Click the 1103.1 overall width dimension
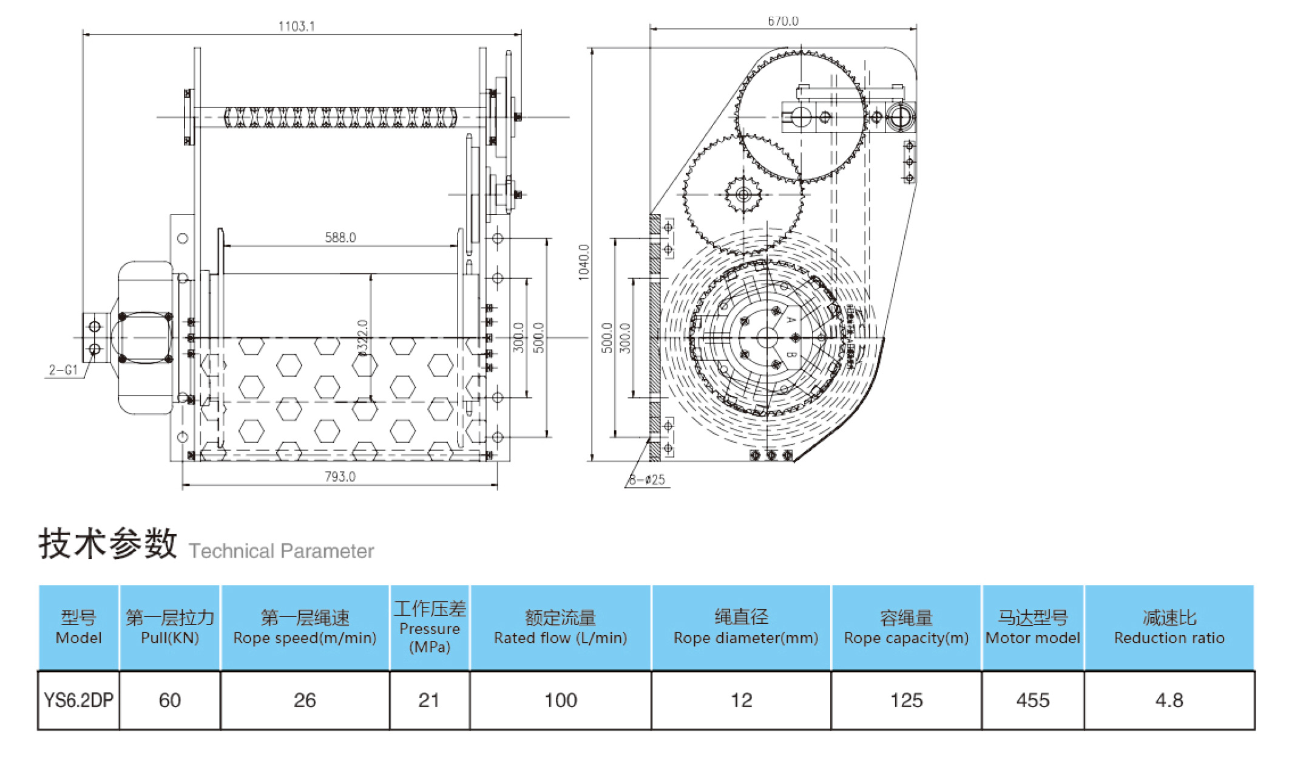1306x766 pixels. pyautogui.click(x=296, y=26)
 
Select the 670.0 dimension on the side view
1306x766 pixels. pyautogui.click(x=783, y=21)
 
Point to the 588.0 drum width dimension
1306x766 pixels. pyautogui.click(x=340, y=238)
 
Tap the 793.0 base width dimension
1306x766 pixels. pyautogui.click(x=340, y=477)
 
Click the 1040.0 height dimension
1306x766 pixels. pyautogui.click(x=584, y=262)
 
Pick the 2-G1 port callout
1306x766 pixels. pyautogui.click(x=63, y=370)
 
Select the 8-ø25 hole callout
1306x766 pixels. pyautogui.click(x=647, y=480)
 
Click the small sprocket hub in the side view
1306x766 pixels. pyautogui.click(x=743, y=195)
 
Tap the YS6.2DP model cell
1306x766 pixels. pyautogui.click(x=78, y=700)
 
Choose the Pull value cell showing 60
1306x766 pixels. pyautogui.click(x=170, y=700)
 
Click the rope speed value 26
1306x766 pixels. pyautogui.click(x=305, y=700)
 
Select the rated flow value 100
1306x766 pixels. pyautogui.click(x=560, y=700)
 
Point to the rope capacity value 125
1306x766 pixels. pyautogui.click(x=906, y=700)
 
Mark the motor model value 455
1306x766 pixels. pyautogui.click(x=1032, y=700)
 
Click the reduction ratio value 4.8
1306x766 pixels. pyautogui.click(x=1169, y=700)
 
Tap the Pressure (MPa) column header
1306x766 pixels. pyautogui.click(x=430, y=628)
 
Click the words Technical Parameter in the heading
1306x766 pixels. pyautogui.click(x=281, y=551)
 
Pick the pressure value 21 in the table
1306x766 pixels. pyautogui.click(x=429, y=700)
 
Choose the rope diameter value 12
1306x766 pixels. pyautogui.click(x=741, y=700)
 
